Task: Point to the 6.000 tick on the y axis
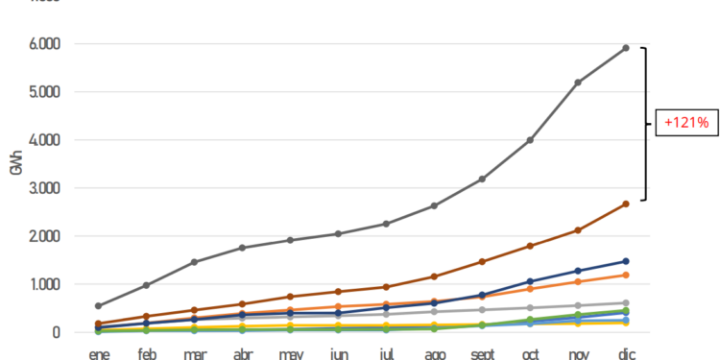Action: tap(41, 44)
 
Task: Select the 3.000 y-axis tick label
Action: tap(41, 188)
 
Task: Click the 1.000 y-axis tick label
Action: tap(41, 284)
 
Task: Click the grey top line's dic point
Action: tap(626, 47)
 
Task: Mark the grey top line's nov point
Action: tap(578, 83)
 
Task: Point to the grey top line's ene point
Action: tap(98, 306)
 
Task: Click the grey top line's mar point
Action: tap(194, 262)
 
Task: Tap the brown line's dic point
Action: tap(626, 204)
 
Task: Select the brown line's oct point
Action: tap(530, 246)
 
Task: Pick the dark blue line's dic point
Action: tap(626, 261)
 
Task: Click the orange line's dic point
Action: tap(626, 276)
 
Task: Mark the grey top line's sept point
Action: tap(482, 180)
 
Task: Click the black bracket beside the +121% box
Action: tap(645, 123)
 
